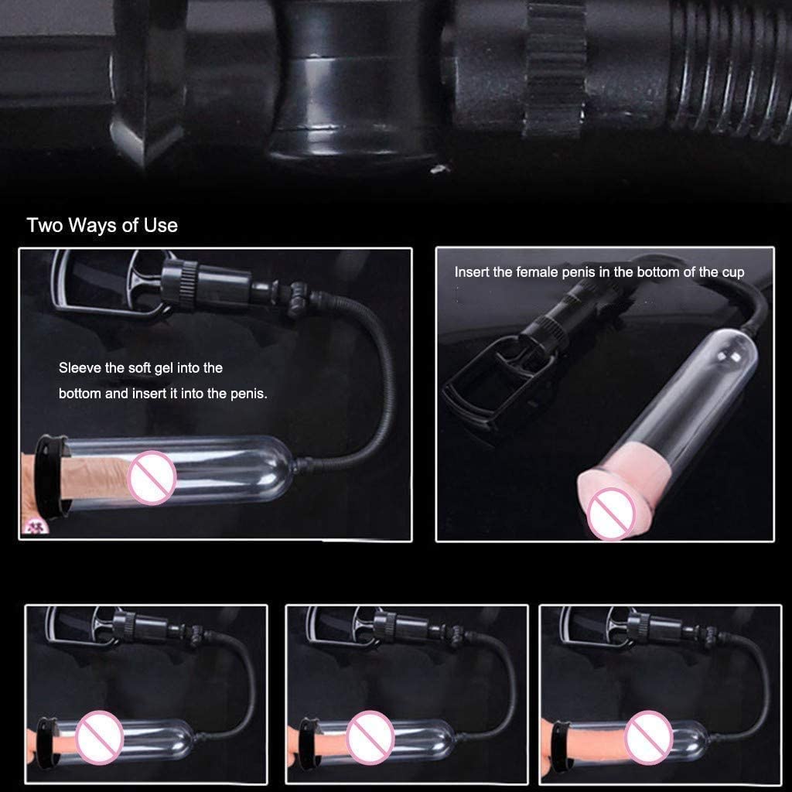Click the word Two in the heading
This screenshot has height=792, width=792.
click(x=44, y=225)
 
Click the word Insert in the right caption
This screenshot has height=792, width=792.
click(x=470, y=272)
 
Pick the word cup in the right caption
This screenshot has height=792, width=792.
click(x=732, y=272)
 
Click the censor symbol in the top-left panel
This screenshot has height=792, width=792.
click(x=151, y=477)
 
